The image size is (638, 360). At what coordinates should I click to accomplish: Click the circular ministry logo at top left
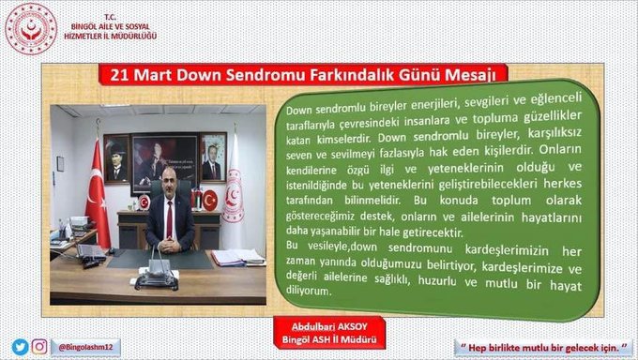point(31,29)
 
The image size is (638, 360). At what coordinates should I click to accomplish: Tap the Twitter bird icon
point(19,347)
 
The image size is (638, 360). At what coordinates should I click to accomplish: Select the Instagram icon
point(39,347)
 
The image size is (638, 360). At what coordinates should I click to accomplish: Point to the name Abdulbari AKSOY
point(324,327)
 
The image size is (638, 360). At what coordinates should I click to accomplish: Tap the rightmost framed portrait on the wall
point(212,157)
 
